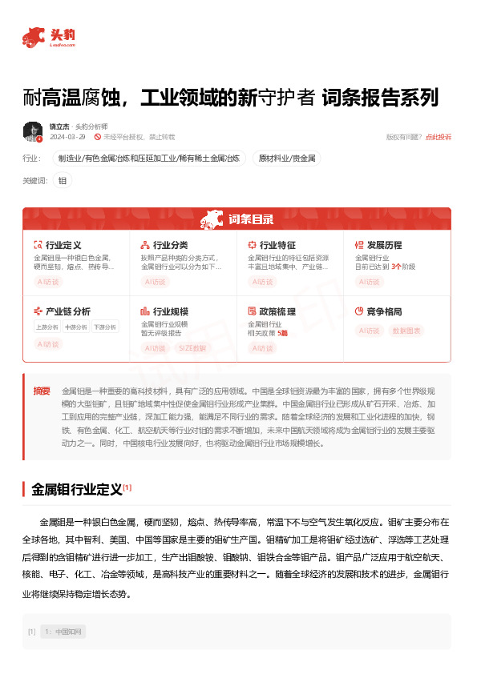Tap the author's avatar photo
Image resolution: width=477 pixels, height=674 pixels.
[33, 131]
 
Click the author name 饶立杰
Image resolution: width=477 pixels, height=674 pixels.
[59, 126]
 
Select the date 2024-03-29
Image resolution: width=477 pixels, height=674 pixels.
[67, 138]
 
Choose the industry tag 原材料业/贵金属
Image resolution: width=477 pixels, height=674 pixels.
[286, 158]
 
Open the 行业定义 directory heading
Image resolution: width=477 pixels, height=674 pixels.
[63, 244]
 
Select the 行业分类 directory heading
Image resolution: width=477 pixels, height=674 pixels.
[170, 244]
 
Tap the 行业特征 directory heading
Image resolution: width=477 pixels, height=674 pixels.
[277, 244]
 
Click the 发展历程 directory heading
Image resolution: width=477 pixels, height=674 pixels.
[384, 244]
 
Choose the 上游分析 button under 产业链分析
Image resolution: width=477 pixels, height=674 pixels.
[47, 327]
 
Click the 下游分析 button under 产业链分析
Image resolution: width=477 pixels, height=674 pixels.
[103, 327]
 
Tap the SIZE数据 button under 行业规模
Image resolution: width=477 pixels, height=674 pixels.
[191, 348]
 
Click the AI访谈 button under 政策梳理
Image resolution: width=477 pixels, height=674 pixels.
[262, 348]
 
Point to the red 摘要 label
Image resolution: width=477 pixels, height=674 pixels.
[42, 391]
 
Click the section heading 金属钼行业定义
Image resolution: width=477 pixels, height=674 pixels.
[76, 487]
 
